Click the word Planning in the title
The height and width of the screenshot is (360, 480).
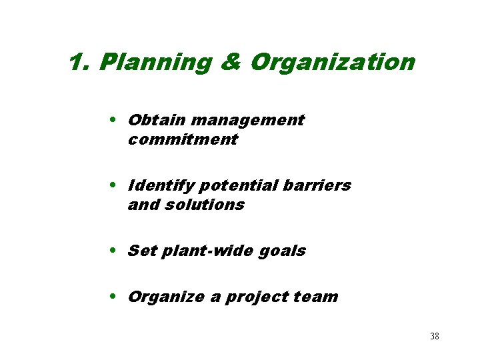156,63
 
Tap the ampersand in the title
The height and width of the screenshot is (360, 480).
230,63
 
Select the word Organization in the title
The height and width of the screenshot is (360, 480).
332,63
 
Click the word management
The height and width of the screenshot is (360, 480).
247,120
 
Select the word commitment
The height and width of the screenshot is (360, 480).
182,139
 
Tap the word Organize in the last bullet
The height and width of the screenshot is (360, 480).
166,297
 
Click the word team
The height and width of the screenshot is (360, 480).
317,297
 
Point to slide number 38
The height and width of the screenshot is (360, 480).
434,336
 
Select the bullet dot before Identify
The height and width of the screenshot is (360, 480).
116,185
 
